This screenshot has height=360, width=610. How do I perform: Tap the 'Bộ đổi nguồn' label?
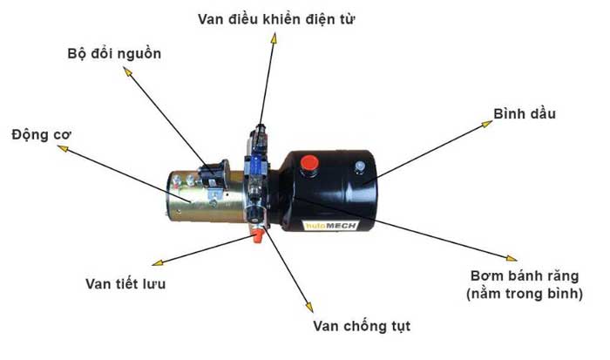point(114,53)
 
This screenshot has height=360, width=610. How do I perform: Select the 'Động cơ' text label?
point(42,135)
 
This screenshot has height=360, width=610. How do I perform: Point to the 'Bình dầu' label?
point(524,114)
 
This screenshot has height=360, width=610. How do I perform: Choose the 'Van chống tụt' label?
point(361,327)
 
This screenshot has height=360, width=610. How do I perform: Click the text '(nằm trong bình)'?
point(524,294)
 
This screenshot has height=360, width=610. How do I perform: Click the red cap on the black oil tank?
point(309,162)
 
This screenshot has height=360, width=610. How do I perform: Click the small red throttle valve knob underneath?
point(257,236)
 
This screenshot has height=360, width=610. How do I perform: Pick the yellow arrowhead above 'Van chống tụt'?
point(307,307)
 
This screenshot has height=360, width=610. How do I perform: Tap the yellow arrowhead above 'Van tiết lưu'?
point(157,262)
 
